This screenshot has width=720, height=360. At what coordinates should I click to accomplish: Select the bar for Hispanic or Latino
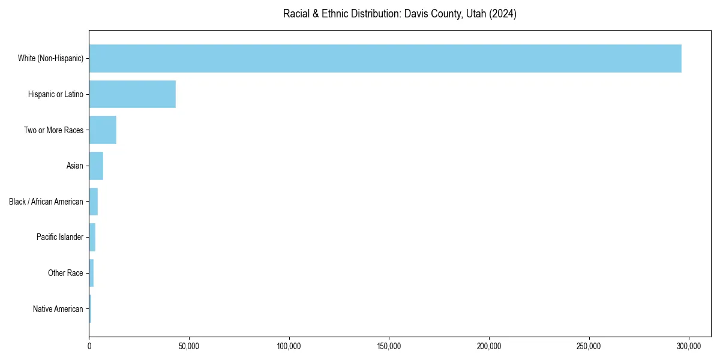(133, 94)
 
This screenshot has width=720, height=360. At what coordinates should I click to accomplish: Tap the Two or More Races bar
(103, 130)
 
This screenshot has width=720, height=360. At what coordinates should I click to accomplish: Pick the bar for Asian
(96, 166)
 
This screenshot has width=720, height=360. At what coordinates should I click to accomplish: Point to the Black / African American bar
(94, 202)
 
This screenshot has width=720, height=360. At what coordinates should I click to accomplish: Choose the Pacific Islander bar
(92, 238)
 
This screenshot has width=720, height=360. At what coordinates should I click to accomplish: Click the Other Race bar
(91, 273)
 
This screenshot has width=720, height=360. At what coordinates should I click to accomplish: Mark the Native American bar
(90, 309)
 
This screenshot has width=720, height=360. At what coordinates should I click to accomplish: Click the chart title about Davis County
(400, 14)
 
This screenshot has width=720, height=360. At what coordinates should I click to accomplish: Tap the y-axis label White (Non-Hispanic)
(50, 58)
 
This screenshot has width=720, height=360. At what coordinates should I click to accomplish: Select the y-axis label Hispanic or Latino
(56, 94)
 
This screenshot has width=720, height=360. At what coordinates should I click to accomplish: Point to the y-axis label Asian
(75, 166)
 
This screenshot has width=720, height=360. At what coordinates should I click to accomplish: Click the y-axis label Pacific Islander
(60, 238)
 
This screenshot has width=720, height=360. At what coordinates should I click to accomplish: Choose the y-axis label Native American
(58, 309)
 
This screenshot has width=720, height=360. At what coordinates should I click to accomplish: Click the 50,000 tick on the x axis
(189, 347)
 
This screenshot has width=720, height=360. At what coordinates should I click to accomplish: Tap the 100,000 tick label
(289, 347)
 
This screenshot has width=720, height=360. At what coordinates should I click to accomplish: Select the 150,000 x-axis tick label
(389, 347)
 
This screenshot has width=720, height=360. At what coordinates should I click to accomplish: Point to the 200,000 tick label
(489, 347)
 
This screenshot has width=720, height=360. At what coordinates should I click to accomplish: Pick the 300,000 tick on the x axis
(689, 347)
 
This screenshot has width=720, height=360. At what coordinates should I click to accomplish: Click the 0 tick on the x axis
(89, 347)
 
